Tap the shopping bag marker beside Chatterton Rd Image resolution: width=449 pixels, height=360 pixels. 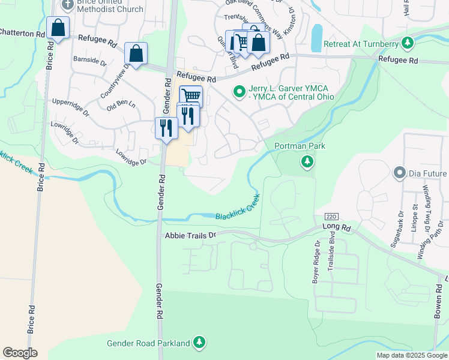(58, 28)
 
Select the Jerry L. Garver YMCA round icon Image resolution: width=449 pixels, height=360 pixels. (240, 92)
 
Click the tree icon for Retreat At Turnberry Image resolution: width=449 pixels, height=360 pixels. (408, 43)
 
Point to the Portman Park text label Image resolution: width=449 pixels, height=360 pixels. (296, 146)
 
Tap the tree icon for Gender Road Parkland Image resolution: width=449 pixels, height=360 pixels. (199, 343)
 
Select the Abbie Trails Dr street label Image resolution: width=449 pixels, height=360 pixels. (190, 236)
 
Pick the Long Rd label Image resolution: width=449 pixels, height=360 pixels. (336, 226)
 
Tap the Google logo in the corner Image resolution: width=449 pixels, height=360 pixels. (20, 353)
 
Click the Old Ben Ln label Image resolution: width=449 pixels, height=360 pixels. (121, 106)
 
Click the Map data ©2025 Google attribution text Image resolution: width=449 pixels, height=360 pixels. (411, 355)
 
